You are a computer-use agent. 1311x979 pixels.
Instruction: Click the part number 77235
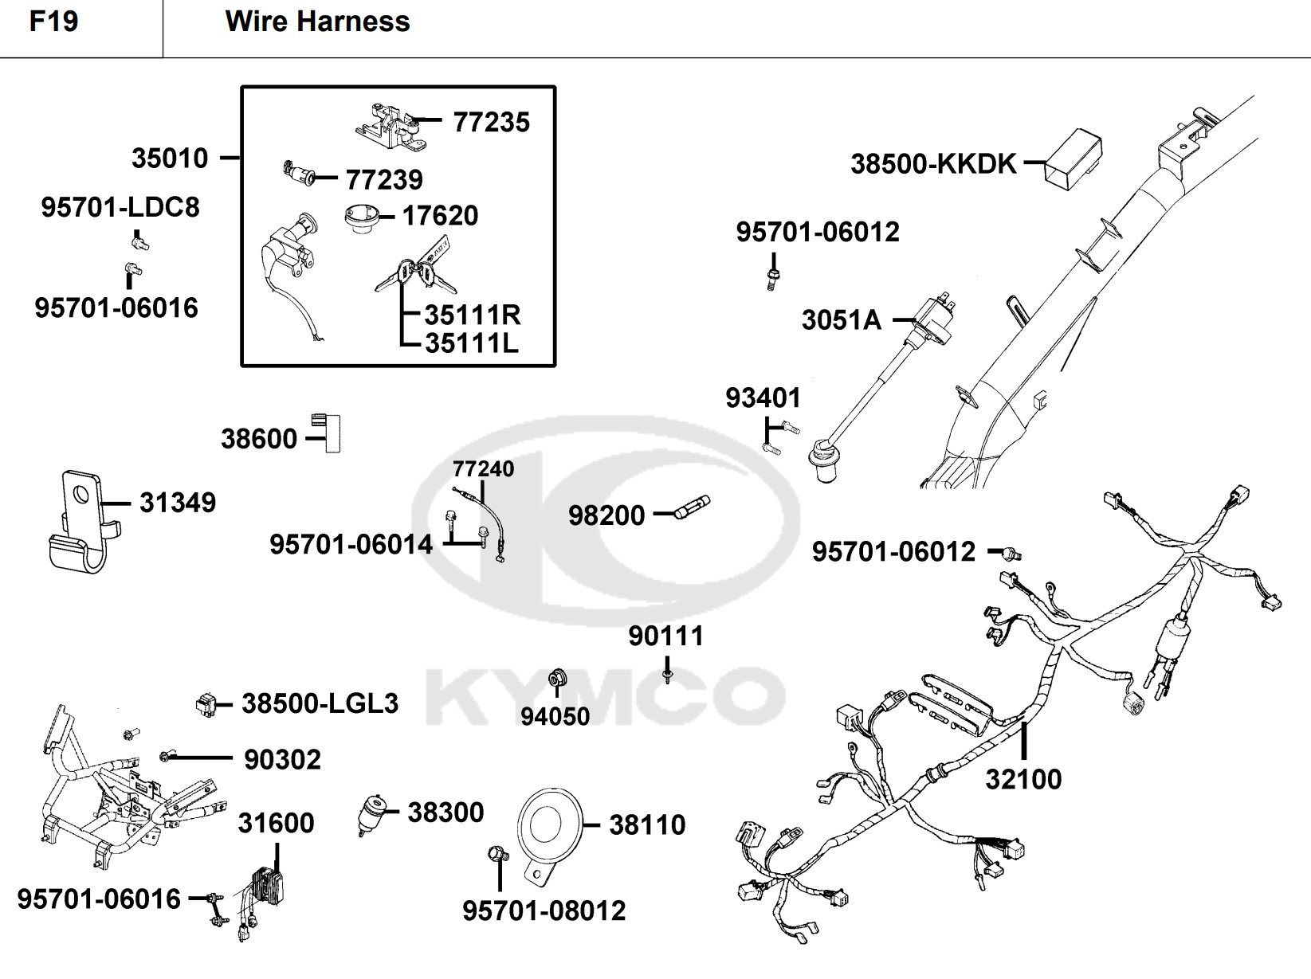tap(491, 123)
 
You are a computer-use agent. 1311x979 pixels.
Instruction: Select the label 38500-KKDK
tap(933, 164)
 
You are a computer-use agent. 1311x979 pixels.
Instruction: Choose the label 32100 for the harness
tap(1023, 779)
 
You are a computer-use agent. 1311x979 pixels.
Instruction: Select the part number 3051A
tap(841, 320)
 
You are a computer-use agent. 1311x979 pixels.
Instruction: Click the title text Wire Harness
tap(317, 22)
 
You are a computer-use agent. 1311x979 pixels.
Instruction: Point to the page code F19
tap(53, 22)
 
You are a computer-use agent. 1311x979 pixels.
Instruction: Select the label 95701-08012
tap(544, 910)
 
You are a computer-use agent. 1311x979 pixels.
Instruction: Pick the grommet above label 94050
tap(555, 679)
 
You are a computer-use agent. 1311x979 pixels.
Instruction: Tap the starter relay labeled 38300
tap(372, 813)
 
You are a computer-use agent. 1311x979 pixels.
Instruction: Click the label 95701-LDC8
tap(120, 208)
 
